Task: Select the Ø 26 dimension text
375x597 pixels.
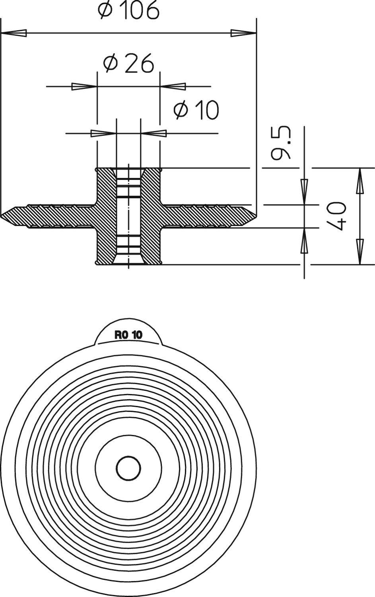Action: coord(128,64)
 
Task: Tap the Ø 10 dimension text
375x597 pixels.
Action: coord(196,110)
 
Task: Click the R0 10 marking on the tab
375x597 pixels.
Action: coord(128,335)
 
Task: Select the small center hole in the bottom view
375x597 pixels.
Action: coord(128,468)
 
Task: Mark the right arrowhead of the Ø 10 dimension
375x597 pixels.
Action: coord(154,133)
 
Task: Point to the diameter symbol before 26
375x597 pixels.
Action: coord(111,64)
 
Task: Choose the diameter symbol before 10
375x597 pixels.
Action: coord(181,110)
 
